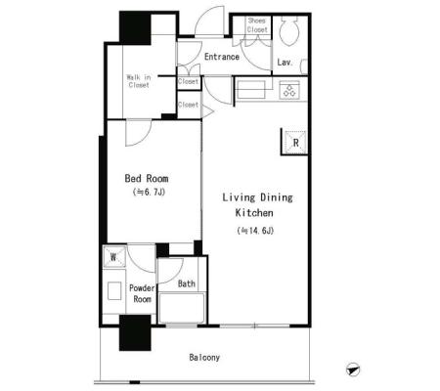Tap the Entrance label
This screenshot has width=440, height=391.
(222, 57)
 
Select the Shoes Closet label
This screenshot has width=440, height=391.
(257, 24)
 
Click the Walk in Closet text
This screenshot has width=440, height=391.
(139, 81)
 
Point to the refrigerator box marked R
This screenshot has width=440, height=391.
(295, 142)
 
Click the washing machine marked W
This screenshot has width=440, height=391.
(114, 257)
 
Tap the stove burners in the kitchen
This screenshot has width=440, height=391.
(289, 90)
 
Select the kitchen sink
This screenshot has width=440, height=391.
(251, 90)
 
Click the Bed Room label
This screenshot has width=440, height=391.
(147, 178)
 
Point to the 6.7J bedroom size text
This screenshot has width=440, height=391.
(149, 193)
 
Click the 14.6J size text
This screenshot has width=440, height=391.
(255, 231)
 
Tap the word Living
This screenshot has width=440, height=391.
(239, 197)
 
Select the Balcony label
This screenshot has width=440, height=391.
(204, 358)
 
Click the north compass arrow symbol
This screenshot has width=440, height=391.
(353, 369)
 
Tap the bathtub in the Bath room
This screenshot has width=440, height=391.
(182, 308)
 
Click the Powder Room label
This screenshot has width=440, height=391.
(142, 293)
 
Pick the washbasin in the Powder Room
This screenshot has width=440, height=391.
(114, 290)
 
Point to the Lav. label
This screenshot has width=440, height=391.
(285, 63)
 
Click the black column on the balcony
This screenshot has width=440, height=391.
(135, 332)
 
